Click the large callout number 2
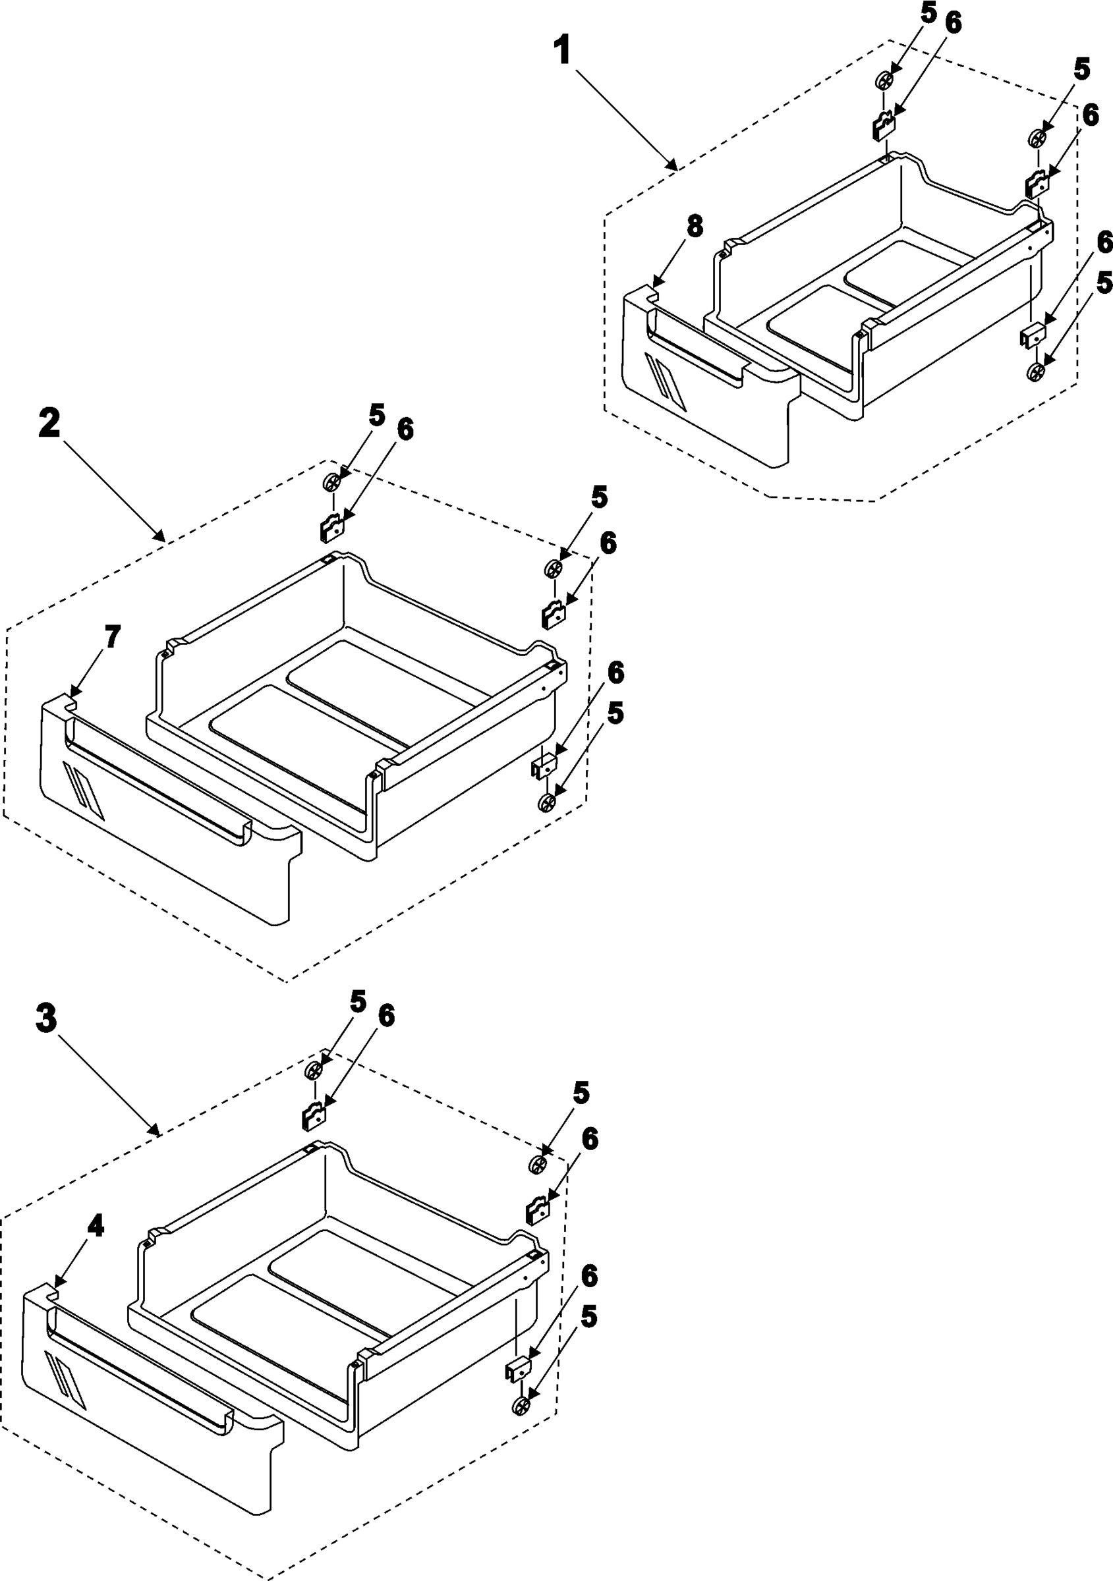(x=49, y=423)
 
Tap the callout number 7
(x=111, y=637)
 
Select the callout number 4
(x=95, y=1225)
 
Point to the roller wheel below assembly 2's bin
(x=547, y=803)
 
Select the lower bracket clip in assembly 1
(x=1032, y=336)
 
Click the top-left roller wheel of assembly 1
(x=884, y=81)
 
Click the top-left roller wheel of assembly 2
(x=332, y=483)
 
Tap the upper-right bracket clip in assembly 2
(x=554, y=614)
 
